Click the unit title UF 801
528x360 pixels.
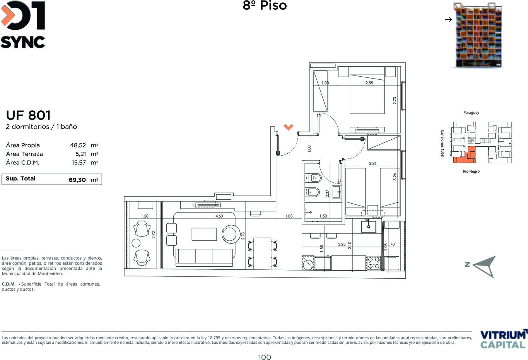tap(28, 115)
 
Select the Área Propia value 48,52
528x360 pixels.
tap(78, 145)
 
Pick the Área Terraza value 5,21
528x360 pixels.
tap(80, 154)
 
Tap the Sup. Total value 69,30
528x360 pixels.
tap(77, 180)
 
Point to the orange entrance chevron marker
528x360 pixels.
tap(288, 127)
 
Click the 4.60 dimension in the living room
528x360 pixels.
tap(219, 216)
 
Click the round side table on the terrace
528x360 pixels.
tap(136, 243)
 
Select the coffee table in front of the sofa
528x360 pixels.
tap(204, 234)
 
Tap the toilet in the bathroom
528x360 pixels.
tap(313, 178)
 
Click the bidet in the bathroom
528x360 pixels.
tap(312, 192)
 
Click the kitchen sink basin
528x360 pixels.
tap(368, 226)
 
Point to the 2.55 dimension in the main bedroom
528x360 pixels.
tap(369, 83)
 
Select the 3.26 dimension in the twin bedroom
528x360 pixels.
tap(395, 177)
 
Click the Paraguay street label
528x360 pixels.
tap(471, 113)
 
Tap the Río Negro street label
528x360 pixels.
tap(471, 171)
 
